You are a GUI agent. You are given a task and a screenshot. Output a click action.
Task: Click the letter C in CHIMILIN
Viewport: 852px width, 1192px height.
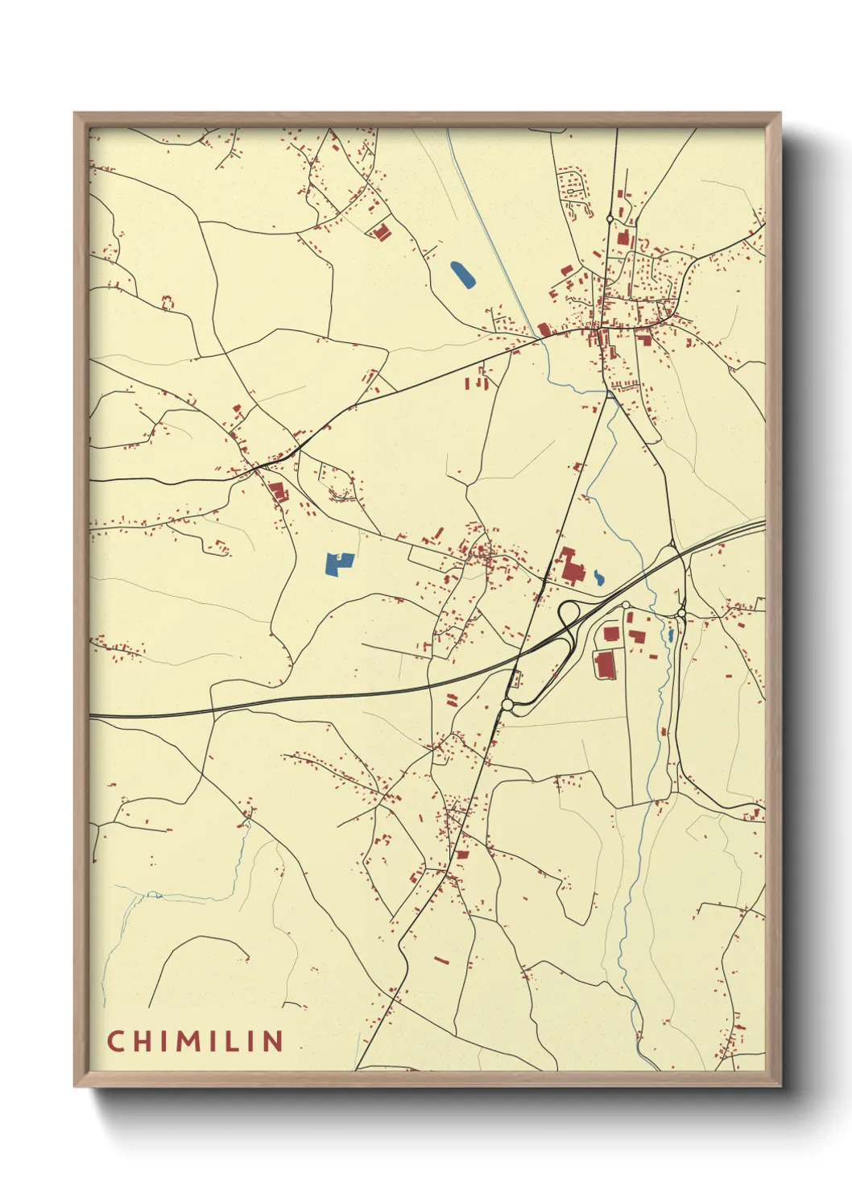[x=114, y=1041]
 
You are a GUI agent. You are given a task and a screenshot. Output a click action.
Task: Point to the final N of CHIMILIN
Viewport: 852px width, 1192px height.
[x=273, y=1041]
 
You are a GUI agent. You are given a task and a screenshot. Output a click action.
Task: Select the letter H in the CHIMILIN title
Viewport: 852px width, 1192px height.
[x=140, y=1041]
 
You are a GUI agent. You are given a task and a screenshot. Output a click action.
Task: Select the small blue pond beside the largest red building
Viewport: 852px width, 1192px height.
[x=598, y=577]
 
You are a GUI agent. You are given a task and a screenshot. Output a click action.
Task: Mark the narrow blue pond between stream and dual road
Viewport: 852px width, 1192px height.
[x=671, y=635]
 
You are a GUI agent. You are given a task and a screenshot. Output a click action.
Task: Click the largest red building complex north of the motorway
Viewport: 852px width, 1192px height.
[x=571, y=566]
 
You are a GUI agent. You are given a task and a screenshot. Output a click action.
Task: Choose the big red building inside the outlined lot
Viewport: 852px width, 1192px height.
[x=604, y=664]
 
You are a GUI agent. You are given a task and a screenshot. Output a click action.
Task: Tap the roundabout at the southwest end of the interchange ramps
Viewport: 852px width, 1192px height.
[x=507, y=706]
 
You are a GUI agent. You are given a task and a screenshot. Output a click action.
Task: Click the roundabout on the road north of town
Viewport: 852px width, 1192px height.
[x=610, y=218]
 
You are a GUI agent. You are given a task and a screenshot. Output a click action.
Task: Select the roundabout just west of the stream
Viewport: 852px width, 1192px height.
[x=625, y=605]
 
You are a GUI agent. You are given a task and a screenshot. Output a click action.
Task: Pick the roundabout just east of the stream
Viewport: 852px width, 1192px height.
[x=681, y=614]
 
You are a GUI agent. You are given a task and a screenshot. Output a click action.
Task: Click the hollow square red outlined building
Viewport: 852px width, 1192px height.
[x=168, y=302]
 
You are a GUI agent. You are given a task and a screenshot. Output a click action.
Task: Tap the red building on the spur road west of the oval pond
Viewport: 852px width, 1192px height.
[x=380, y=232]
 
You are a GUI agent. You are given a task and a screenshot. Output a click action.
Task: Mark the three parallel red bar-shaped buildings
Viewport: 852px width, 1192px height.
[x=477, y=382]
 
